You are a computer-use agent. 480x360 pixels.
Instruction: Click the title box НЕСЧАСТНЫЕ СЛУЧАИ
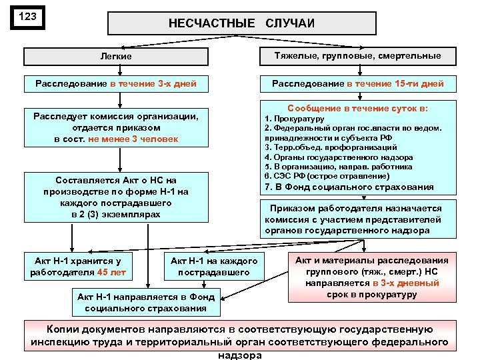[x=241, y=23]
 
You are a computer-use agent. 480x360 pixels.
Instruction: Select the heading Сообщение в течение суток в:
[x=357, y=107]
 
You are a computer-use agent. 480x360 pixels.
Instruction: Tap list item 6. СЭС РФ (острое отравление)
[x=327, y=176]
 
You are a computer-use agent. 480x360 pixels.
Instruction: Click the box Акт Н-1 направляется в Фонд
[x=145, y=303]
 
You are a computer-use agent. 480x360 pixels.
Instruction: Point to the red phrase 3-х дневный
[x=407, y=283]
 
